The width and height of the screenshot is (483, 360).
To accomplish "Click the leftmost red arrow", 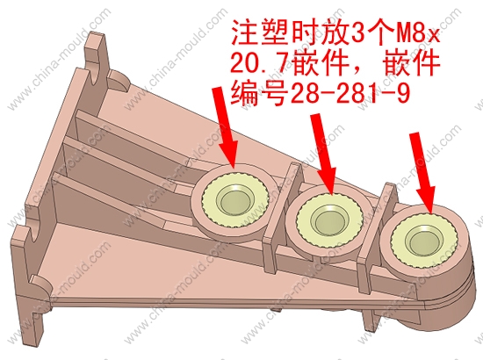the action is [x=226, y=127].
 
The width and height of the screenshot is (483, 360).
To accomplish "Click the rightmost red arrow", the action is [x=422, y=173].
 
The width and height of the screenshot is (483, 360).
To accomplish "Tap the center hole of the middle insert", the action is [x=330, y=221].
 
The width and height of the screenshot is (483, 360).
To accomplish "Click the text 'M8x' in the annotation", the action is [x=417, y=34].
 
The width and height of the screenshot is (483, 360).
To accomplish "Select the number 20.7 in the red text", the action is [x=260, y=63].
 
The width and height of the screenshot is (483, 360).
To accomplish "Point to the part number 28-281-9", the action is [x=350, y=93].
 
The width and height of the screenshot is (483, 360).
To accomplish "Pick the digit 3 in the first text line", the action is [x=357, y=34].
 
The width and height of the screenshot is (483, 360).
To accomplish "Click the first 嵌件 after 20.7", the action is [x=320, y=63].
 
